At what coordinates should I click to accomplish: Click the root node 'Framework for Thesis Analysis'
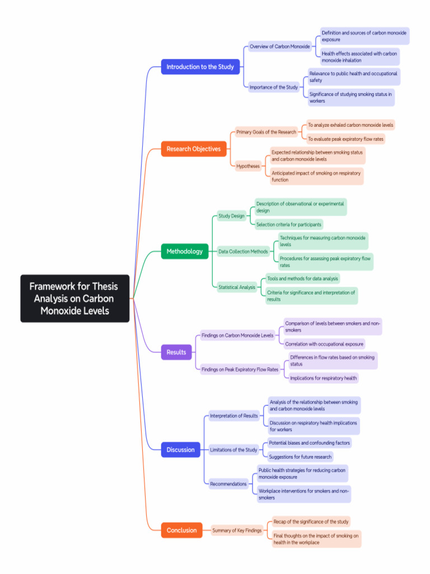(x=74, y=298)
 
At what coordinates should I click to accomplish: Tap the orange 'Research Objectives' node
(x=194, y=149)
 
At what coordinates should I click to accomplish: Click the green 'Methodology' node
(x=185, y=251)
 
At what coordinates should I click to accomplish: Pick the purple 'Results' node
(x=176, y=352)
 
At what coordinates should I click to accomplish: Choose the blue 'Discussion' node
(x=180, y=450)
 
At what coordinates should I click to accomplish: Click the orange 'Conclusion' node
(x=181, y=530)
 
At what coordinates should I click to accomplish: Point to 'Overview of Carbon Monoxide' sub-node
(x=279, y=47)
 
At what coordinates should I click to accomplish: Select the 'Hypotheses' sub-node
(x=248, y=166)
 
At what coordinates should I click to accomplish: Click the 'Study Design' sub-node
(x=231, y=216)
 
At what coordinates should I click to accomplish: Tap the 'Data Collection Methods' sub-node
(x=243, y=252)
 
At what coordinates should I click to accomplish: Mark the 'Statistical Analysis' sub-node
(x=237, y=287)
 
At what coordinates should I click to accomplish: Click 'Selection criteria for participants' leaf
(x=289, y=225)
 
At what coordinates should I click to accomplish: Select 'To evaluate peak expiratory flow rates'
(x=345, y=139)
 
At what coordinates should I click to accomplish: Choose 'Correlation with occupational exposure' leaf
(x=324, y=344)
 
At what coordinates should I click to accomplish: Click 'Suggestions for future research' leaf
(x=300, y=457)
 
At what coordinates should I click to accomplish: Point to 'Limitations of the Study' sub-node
(x=233, y=450)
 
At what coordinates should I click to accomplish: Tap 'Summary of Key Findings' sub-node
(x=237, y=530)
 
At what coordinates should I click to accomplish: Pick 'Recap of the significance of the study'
(x=311, y=522)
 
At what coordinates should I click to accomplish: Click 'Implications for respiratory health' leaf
(x=323, y=378)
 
